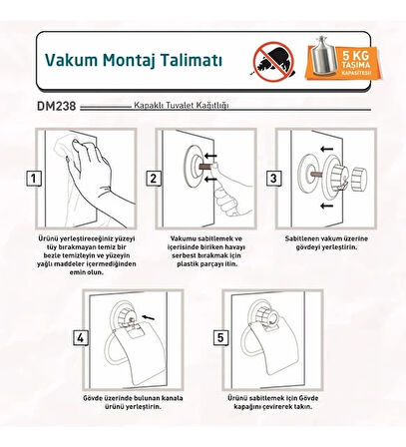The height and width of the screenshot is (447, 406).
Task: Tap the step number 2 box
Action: point(155,180)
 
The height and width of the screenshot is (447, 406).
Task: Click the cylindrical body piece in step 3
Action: point(355,176)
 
